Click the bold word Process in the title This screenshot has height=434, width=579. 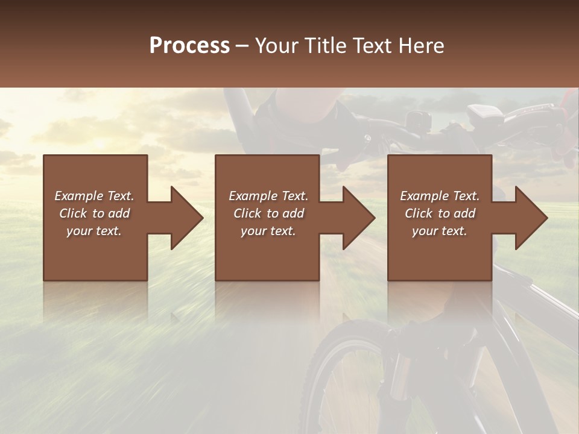click(189, 46)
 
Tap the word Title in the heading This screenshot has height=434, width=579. click(323, 46)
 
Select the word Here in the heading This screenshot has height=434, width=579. click(420, 46)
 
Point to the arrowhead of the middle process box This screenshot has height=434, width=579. click(358, 218)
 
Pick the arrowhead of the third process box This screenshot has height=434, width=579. click(531, 218)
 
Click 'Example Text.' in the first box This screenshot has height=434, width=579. click(95, 196)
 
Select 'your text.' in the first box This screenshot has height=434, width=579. click(95, 231)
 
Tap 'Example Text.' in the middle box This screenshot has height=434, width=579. click(268, 196)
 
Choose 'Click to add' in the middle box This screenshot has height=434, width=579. click(268, 213)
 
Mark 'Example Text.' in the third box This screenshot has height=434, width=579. click(440, 196)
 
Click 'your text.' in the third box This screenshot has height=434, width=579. click(440, 231)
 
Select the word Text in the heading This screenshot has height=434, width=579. click(372, 46)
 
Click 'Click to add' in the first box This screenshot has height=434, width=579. click(95, 213)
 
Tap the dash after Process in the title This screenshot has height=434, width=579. click(242, 46)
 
